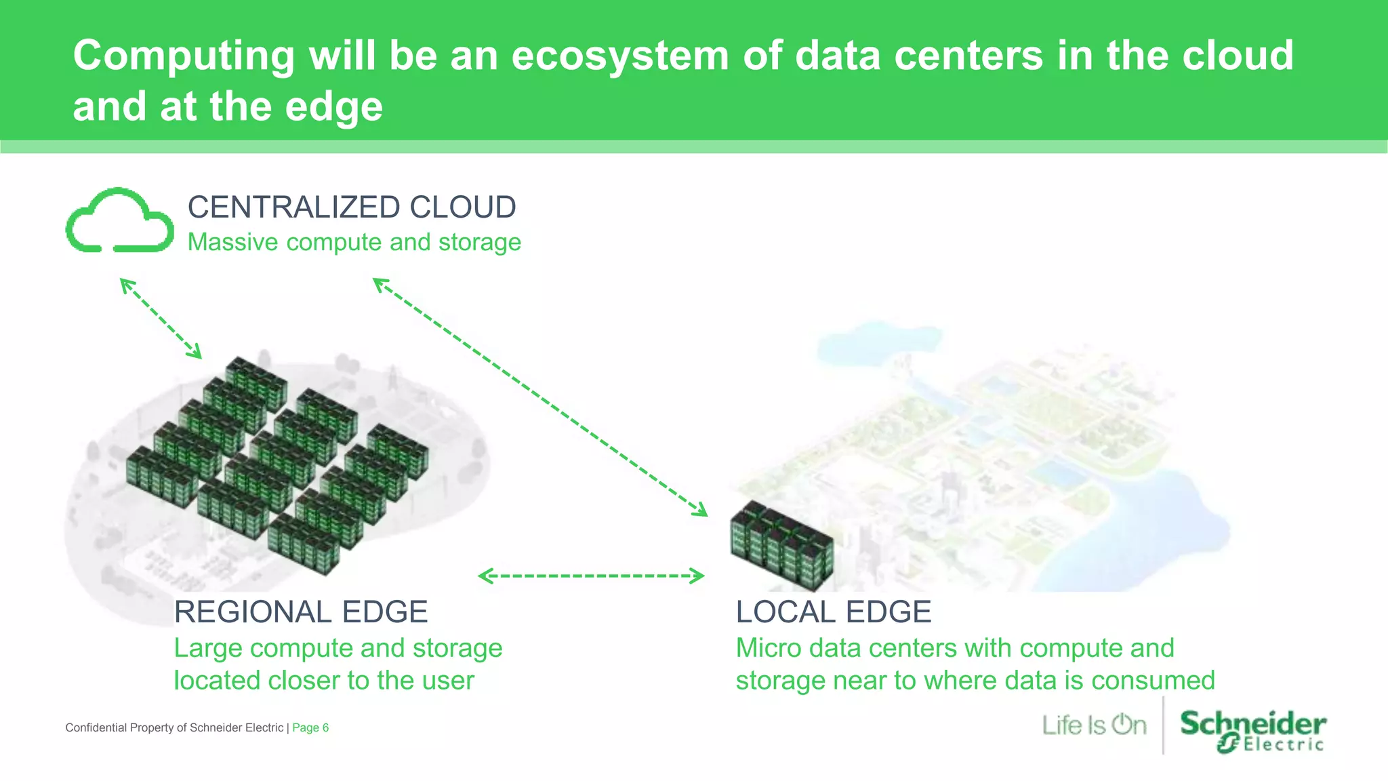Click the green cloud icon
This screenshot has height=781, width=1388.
pyautogui.click(x=119, y=221)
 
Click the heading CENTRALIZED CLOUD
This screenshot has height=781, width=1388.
pyautogui.click(x=351, y=207)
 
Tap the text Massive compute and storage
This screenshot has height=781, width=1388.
pyautogui.click(x=354, y=242)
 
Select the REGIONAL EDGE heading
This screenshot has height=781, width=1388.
pyautogui.click(x=300, y=612)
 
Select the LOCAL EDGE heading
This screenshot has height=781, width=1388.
pyautogui.click(x=833, y=612)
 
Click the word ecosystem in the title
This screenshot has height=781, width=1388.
pyautogui.click(x=619, y=56)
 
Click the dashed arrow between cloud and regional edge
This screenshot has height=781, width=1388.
pyautogui.click(x=161, y=318)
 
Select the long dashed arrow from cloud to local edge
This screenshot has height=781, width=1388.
pyautogui.click(x=539, y=397)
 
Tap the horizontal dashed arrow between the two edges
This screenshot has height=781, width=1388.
pyautogui.click(x=591, y=576)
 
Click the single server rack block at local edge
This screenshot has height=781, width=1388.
pyautogui.click(x=782, y=546)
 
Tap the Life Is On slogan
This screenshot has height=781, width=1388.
pyautogui.click(x=1094, y=725)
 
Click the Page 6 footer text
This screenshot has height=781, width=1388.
pyautogui.click(x=310, y=727)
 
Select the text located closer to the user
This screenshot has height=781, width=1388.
pyautogui.click(x=324, y=681)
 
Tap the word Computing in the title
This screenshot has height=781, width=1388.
pyautogui.click(x=184, y=56)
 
